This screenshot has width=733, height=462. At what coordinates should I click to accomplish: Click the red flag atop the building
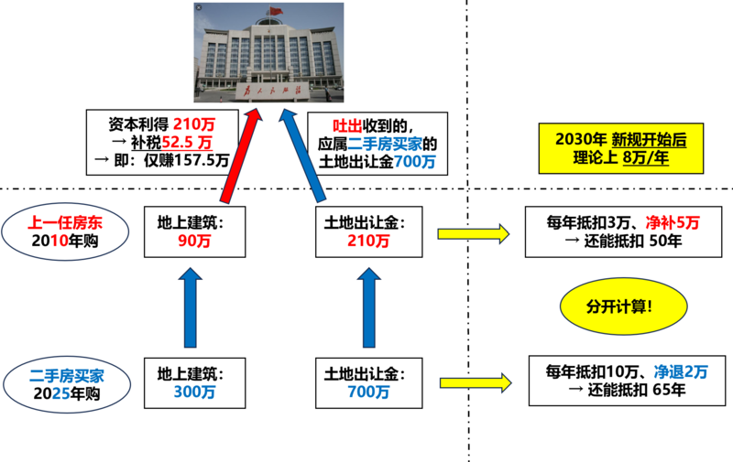(x=277, y=11)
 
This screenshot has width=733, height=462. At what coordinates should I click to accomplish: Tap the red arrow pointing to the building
(x=240, y=156)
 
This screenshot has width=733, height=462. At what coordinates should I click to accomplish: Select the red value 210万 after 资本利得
(x=194, y=124)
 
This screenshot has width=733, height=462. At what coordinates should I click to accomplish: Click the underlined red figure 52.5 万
(x=187, y=143)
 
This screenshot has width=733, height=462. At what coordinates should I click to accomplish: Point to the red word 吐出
(x=347, y=125)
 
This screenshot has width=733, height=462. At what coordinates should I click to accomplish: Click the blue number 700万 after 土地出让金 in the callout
(x=415, y=161)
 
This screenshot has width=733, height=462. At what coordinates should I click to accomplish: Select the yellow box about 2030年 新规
(x=621, y=148)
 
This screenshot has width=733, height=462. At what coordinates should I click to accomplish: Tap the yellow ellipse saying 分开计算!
(x=624, y=306)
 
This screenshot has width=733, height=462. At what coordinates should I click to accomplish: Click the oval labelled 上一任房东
(x=65, y=231)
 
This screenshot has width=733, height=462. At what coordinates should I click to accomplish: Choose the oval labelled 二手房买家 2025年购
(x=67, y=384)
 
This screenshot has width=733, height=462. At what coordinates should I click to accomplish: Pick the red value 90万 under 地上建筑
(x=194, y=241)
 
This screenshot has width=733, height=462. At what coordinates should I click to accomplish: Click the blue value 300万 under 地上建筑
(x=194, y=392)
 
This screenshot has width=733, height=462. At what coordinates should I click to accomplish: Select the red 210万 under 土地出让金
(x=368, y=241)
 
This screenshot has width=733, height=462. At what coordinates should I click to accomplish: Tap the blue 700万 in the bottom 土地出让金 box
(x=368, y=392)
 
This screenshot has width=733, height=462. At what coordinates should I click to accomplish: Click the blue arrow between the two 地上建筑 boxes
(x=191, y=307)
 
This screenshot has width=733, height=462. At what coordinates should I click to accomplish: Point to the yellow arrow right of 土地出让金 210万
(x=473, y=234)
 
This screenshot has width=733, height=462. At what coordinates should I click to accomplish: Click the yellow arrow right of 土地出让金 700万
(x=476, y=383)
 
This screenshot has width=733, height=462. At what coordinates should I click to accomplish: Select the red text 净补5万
(x=673, y=222)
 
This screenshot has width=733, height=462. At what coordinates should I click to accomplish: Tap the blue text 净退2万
(x=681, y=372)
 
